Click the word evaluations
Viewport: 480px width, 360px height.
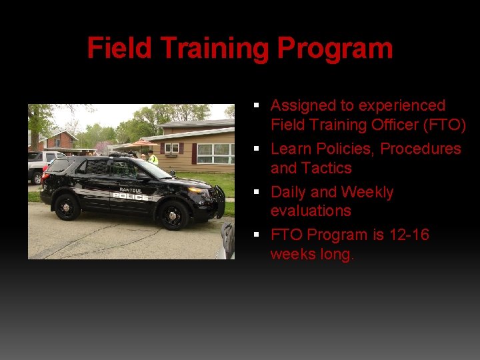[x=311, y=211]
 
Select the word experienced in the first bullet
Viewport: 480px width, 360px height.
[x=402, y=106]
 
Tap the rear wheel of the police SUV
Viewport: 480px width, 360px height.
[x=67, y=207]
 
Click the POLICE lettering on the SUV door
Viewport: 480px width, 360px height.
[x=131, y=197]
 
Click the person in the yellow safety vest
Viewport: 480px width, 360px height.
[x=152, y=158]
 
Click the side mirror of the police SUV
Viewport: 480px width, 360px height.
[x=142, y=176]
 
